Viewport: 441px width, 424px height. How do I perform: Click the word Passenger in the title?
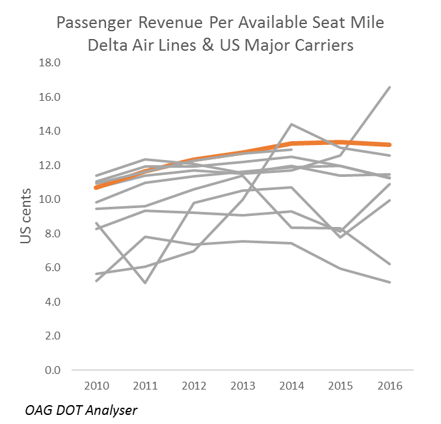pos(93,24)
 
